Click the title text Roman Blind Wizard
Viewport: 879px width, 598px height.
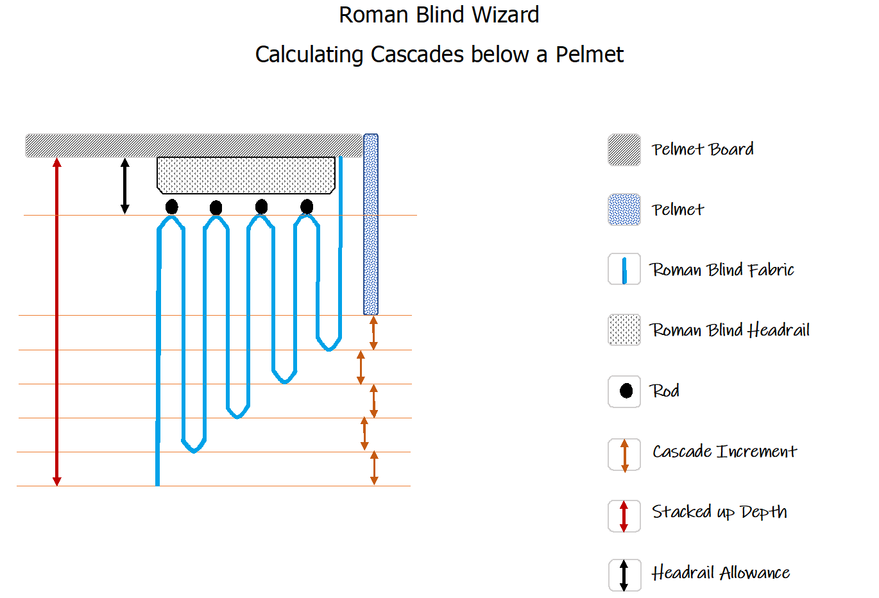point(439,15)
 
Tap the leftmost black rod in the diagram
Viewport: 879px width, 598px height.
point(171,207)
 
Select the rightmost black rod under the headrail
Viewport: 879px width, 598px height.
point(307,207)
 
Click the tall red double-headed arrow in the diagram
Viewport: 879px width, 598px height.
point(56,321)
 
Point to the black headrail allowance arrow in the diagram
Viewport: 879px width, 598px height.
point(125,186)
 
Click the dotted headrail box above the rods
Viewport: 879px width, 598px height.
point(246,175)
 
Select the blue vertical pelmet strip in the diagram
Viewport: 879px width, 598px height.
point(371,225)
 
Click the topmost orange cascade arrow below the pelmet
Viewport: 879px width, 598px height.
point(373,332)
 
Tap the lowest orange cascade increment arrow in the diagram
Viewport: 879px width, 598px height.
point(374,468)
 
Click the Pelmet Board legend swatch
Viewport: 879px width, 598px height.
point(624,150)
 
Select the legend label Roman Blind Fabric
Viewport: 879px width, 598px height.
point(722,269)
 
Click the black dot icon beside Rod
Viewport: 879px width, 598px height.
point(626,391)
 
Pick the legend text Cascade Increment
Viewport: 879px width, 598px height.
point(724,452)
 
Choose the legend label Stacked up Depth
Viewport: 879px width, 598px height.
point(719,512)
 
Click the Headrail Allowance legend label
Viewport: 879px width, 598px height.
point(721,573)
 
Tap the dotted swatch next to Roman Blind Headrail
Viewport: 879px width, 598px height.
point(624,330)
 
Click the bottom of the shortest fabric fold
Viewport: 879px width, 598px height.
point(329,348)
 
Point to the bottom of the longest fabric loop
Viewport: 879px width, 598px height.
point(194,450)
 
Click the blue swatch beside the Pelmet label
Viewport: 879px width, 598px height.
point(624,210)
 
